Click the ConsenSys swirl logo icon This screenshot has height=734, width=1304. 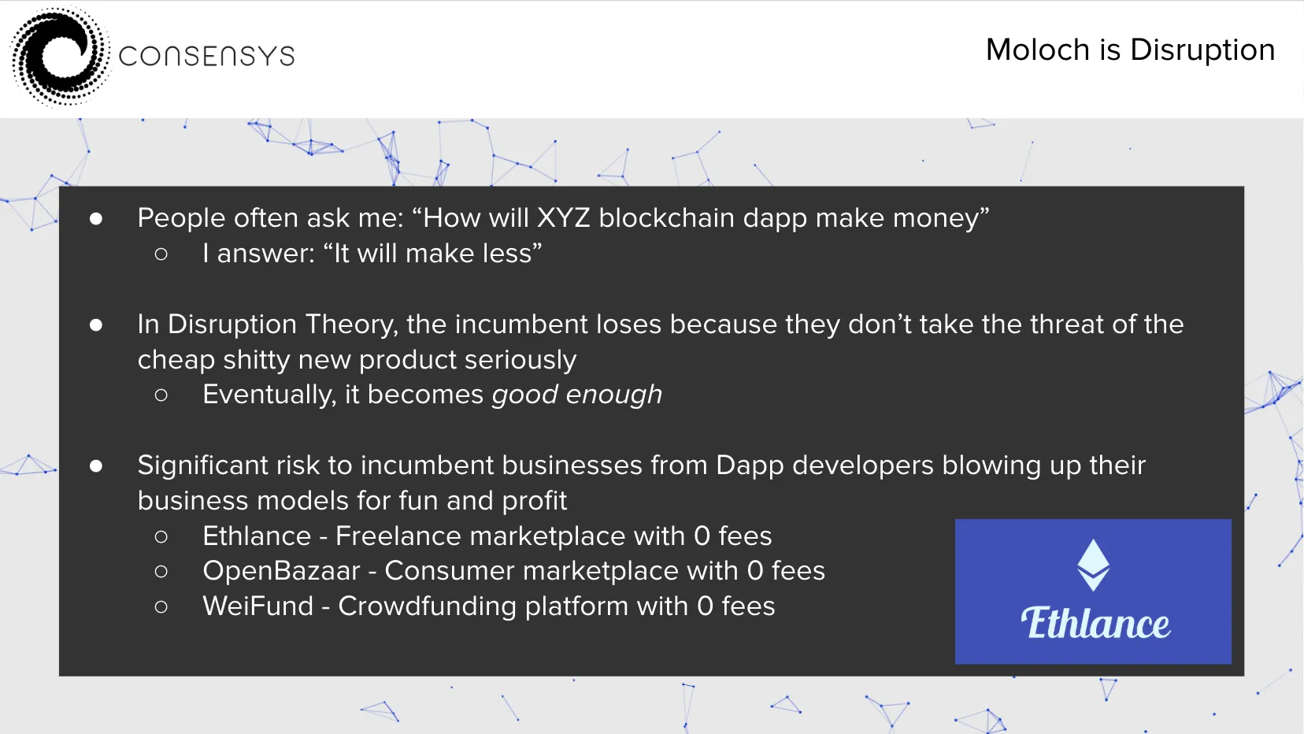pyautogui.click(x=60, y=57)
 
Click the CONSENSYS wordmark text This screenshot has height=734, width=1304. pyautogui.click(x=206, y=57)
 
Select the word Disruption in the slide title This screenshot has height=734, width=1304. pyautogui.click(x=1202, y=50)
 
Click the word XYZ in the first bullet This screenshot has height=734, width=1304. pyautogui.click(x=564, y=217)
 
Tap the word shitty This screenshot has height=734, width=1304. pyautogui.click(x=256, y=360)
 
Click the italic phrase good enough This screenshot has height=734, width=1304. pyautogui.click(x=577, y=395)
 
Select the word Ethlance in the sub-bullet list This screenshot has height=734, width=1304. pyautogui.click(x=257, y=536)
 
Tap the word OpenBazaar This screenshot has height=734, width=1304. pyautogui.click(x=281, y=571)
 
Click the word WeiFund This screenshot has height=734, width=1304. pyautogui.click(x=258, y=606)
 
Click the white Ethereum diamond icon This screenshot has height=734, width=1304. pyautogui.click(x=1093, y=565)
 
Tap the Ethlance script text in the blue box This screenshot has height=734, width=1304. pyautogui.click(x=1095, y=623)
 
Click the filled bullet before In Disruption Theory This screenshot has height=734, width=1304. pyautogui.click(x=96, y=324)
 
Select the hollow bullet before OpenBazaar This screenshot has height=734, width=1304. pyautogui.click(x=161, y=572)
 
